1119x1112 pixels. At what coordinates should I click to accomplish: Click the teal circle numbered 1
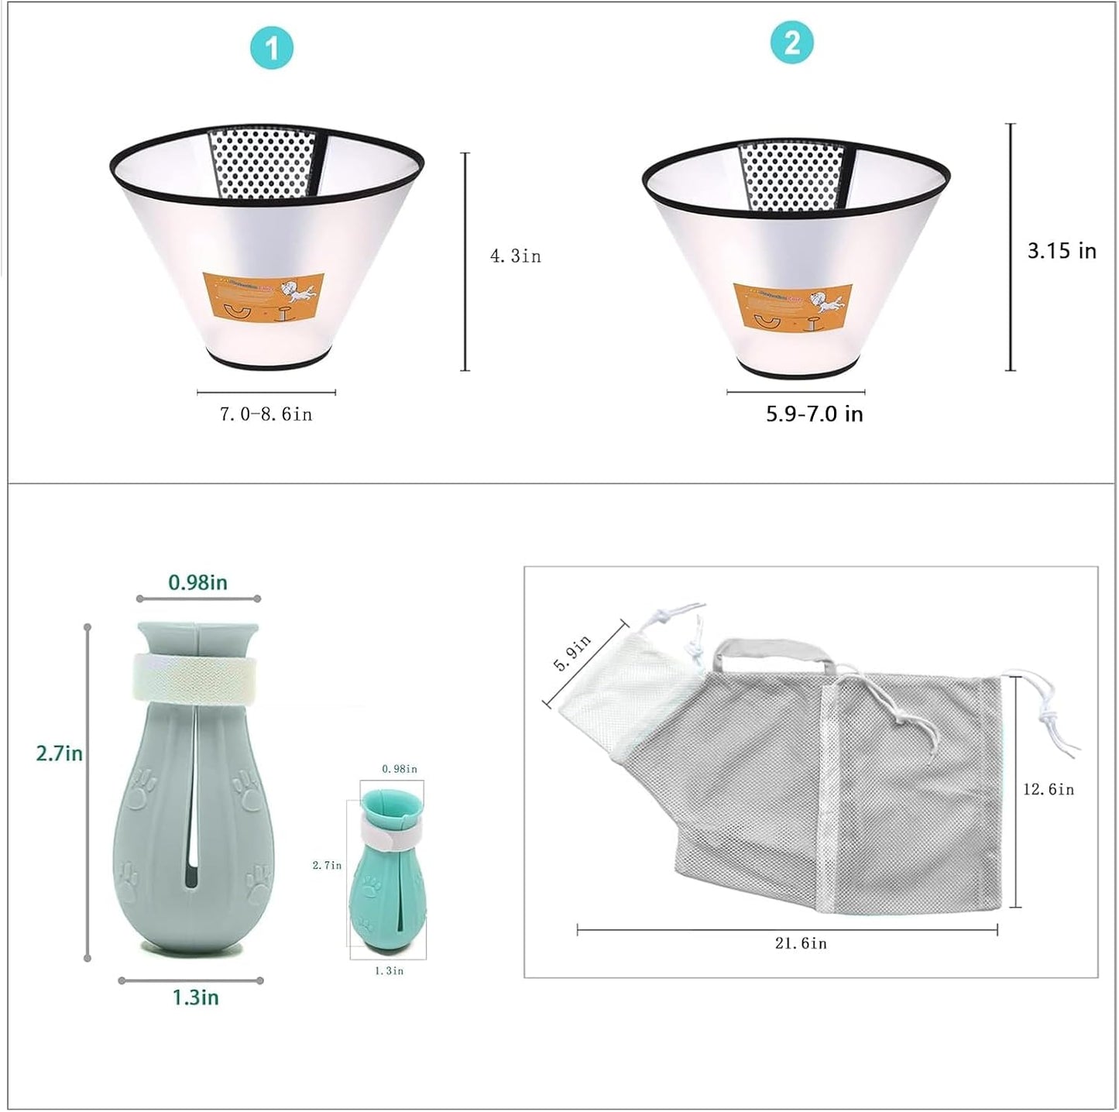(271, 48)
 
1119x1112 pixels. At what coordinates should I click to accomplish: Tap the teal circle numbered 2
(791, 42)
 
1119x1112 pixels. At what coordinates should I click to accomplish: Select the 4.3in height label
(515, 256)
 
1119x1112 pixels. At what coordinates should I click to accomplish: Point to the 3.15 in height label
(1061, 251)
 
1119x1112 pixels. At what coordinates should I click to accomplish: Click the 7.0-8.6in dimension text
(266, 415)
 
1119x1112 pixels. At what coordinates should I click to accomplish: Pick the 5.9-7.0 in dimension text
(814, 414)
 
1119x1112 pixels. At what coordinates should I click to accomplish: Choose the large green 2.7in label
(59, 753)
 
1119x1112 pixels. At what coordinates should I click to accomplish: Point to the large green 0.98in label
(198, 582)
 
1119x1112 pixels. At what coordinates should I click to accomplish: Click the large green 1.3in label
(195, 997)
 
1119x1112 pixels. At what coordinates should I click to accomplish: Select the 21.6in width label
(801, 943)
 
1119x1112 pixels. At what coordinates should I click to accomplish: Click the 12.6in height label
(1049, 789)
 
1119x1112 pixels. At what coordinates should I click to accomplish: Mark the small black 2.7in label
(327, 865)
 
